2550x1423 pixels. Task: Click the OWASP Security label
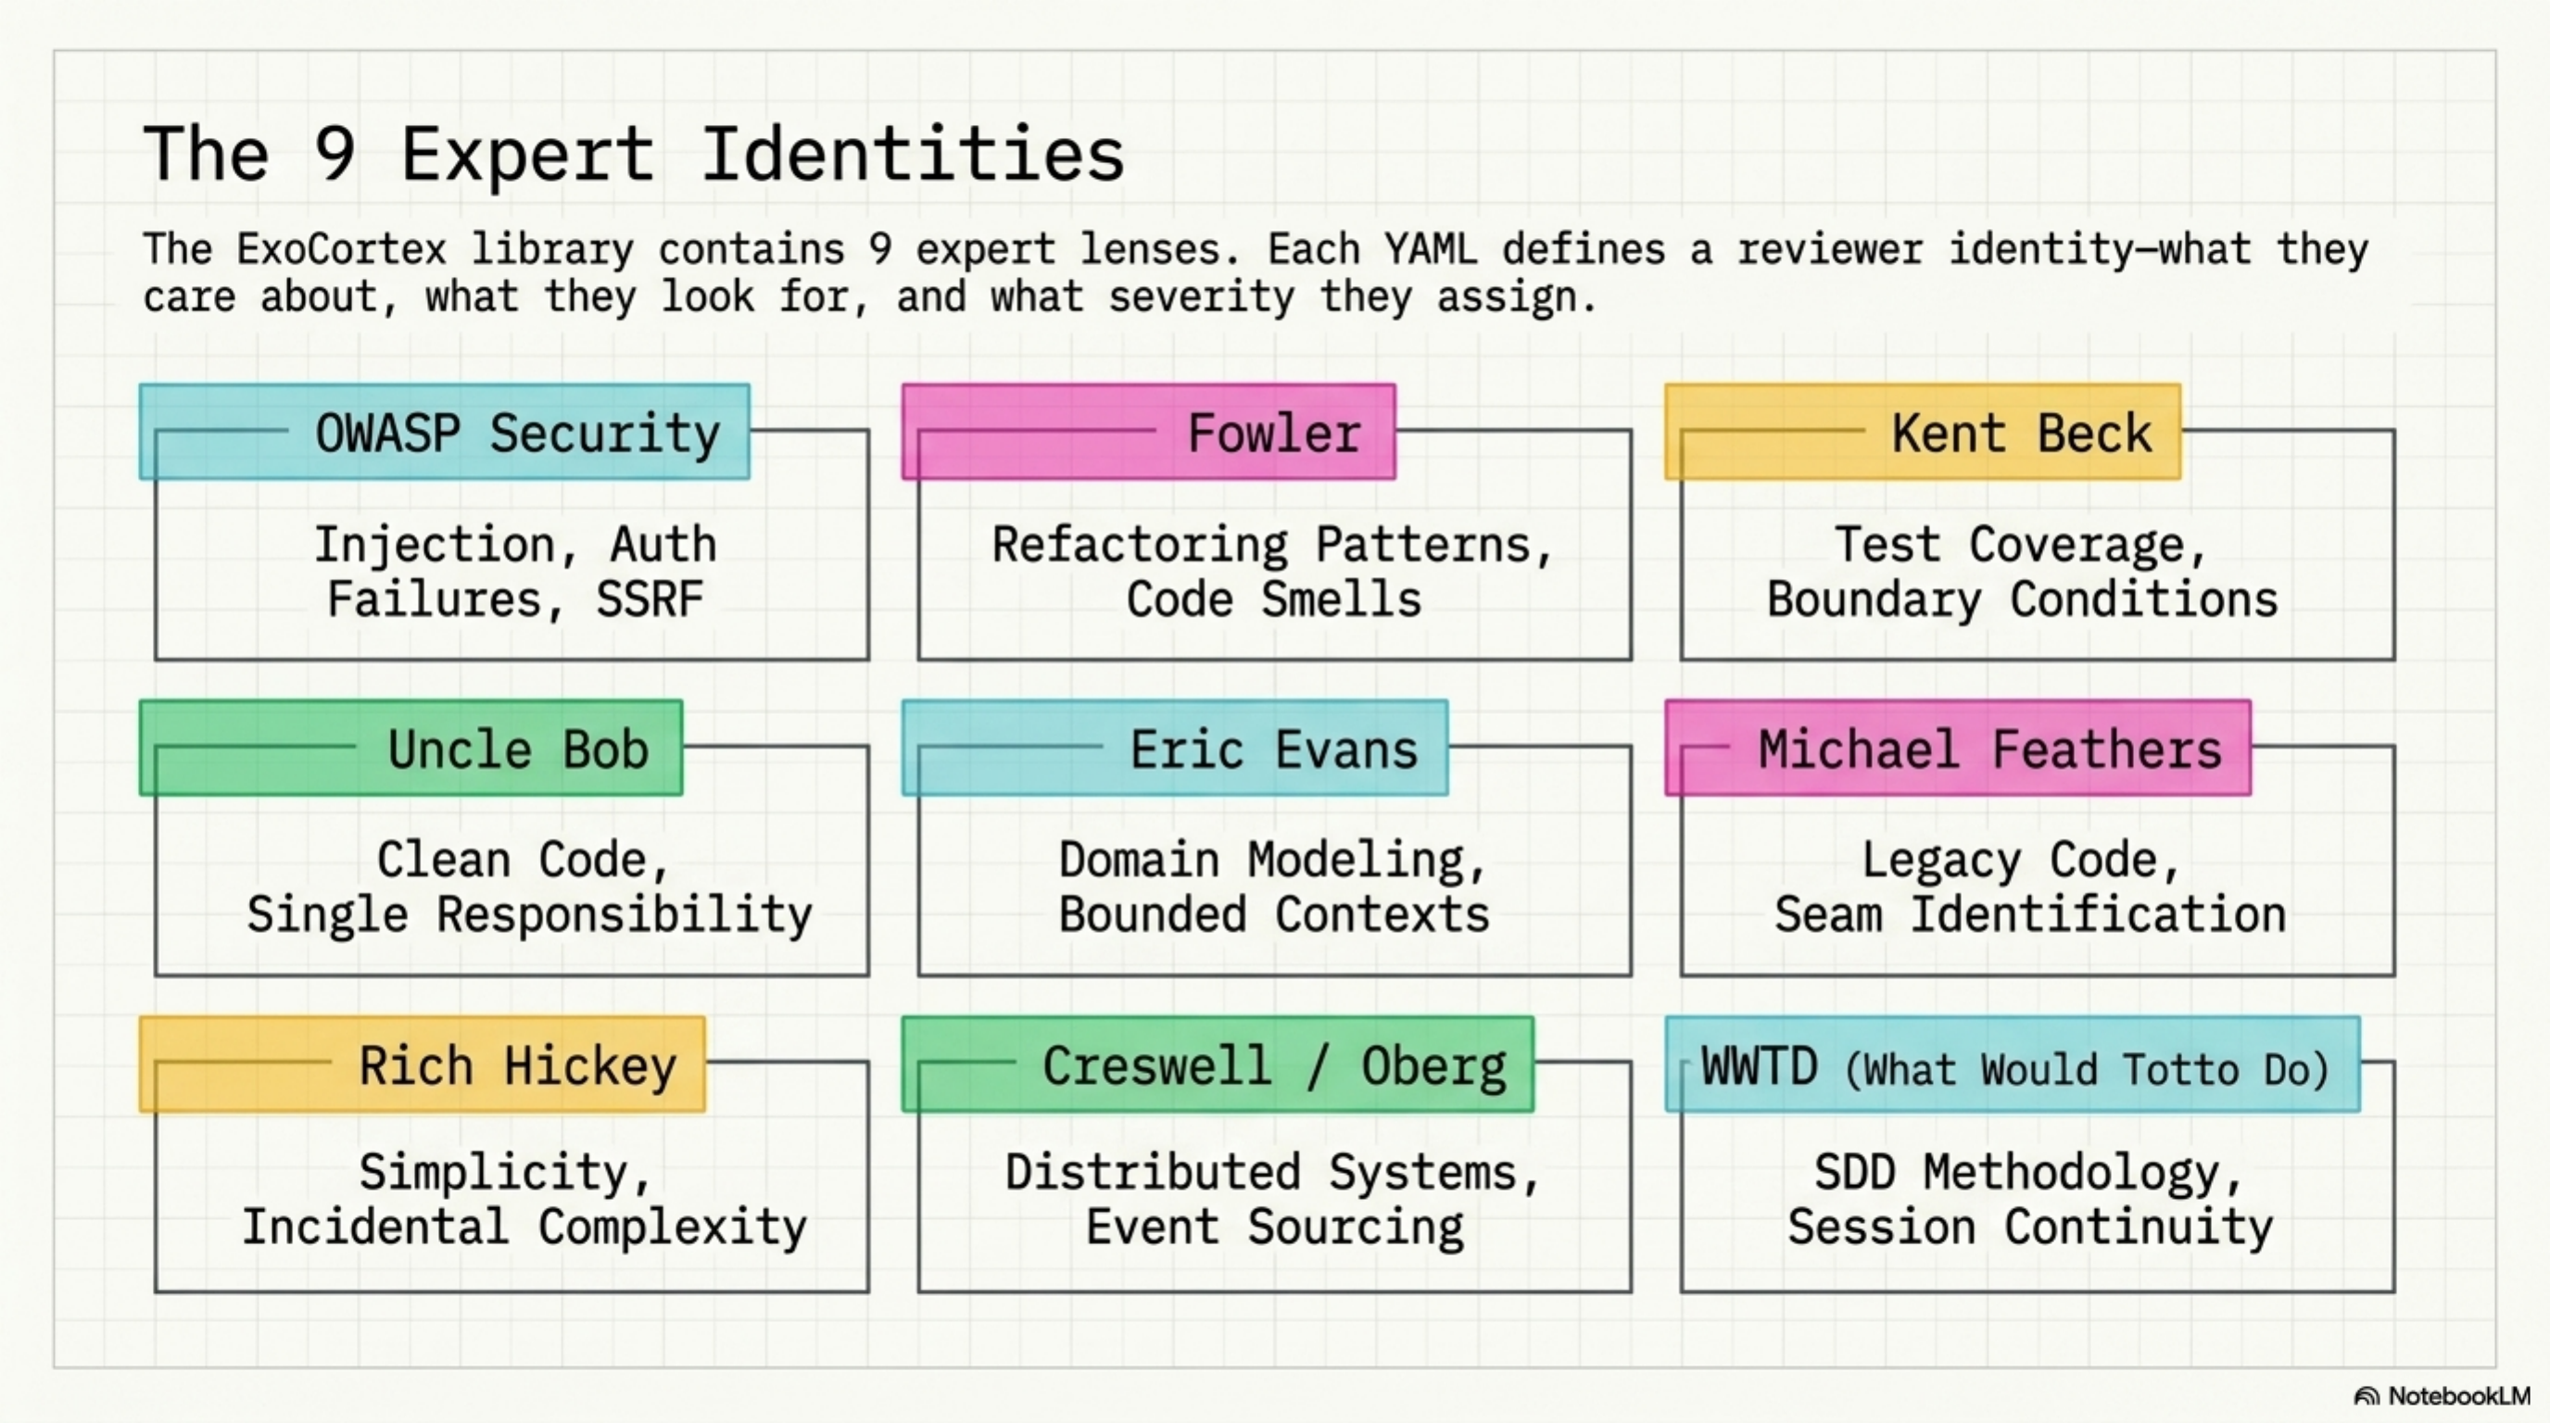(517, 434)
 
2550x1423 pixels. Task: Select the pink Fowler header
(1273, 434)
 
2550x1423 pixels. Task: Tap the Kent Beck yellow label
(2022, 434)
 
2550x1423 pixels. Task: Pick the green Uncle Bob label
(518, 749)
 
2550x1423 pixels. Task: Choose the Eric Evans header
(1273, 749)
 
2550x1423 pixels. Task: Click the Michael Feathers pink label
(1989, 749)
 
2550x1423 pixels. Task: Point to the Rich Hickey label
(518, 1065)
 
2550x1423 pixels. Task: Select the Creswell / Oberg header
(1273, 1065)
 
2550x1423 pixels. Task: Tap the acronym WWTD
(1758, 1066)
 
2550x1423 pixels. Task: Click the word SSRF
(650, 599)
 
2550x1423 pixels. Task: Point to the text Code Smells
(1273, 599)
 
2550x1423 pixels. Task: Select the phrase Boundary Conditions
(2022, 599)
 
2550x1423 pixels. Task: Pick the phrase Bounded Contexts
(1273, 914)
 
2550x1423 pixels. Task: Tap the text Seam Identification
(2029, 914)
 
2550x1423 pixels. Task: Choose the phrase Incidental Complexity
(524, 1228)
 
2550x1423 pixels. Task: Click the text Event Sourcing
(1273, 1228)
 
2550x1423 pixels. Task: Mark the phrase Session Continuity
(2029, 1228)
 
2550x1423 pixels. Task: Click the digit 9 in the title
(335, 155)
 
